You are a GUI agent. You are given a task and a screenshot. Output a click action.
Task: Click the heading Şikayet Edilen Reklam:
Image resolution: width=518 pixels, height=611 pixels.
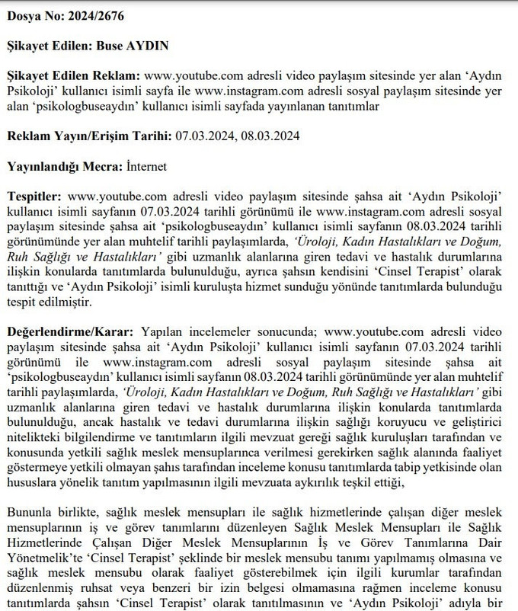73,77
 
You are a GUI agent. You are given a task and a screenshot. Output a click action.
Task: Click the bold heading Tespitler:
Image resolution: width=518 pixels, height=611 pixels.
34,196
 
